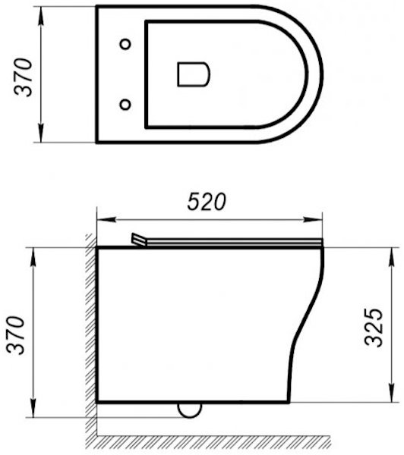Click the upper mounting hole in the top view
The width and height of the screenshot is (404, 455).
coord(125,43)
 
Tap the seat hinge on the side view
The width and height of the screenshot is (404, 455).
coord(137,240)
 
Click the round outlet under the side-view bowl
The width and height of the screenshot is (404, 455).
coord(188,409)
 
